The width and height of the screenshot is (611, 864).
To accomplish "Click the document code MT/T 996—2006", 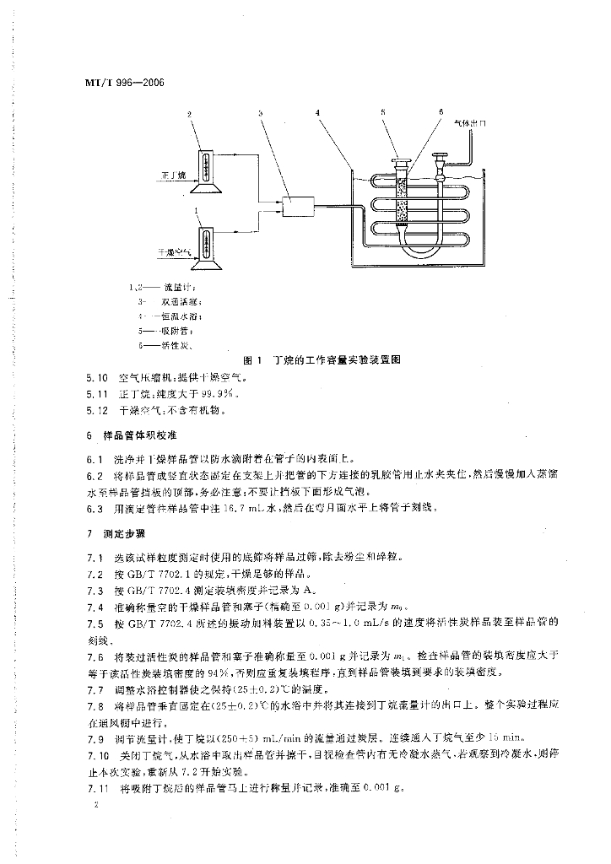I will [x=124, y=84].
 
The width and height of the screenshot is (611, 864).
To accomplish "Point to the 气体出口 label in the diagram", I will [x=471, y=123].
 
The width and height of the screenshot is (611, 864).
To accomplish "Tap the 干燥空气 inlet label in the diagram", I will [x=176, y=251].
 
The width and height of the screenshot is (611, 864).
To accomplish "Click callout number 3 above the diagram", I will [x=261, y=112].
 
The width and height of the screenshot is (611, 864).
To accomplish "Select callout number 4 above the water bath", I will [x=317, y=112].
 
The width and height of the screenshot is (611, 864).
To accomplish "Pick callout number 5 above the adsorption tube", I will [x=382, y=112].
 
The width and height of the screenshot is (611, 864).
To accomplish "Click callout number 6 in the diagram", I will [x=441, y=112].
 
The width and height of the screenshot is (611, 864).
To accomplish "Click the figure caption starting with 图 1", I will [x=320, y=359].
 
